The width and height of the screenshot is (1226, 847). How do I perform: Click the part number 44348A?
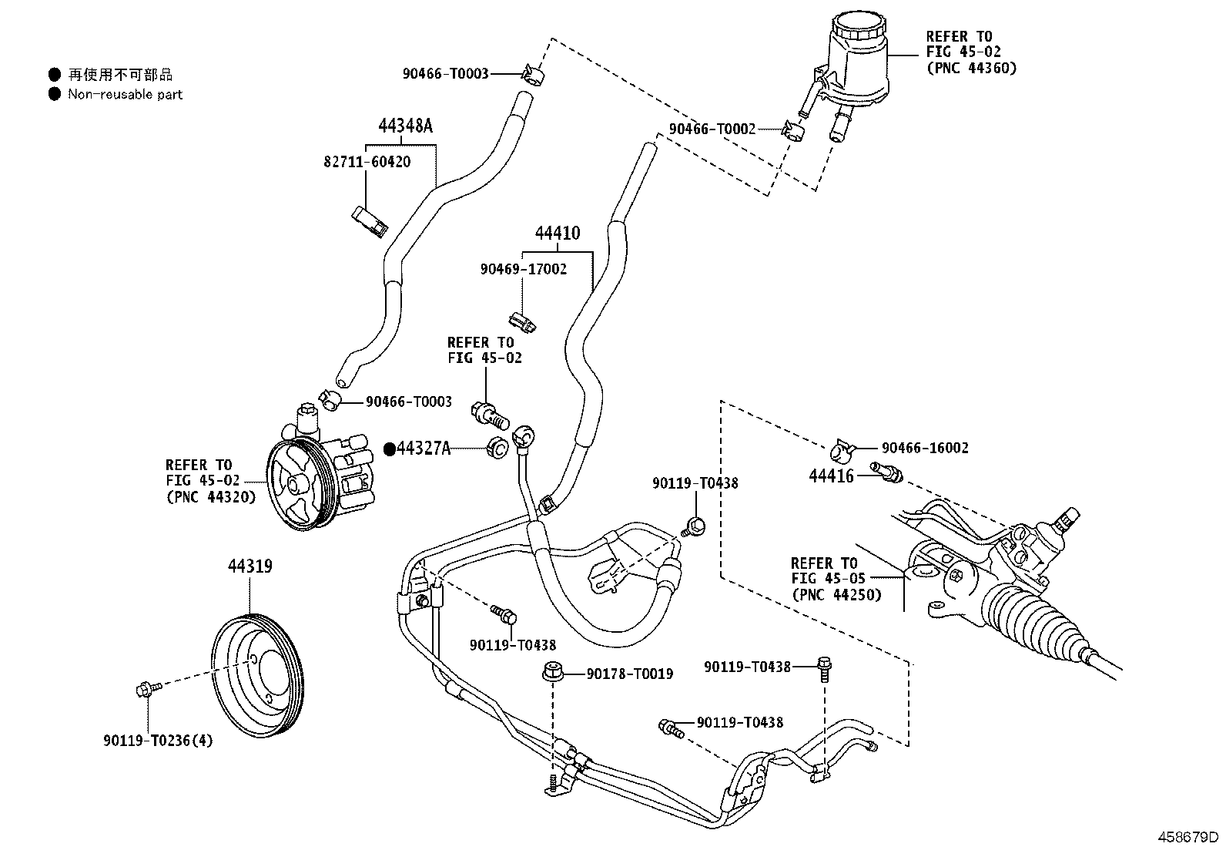coord(405,126)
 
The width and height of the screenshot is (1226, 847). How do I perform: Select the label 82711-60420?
coord(367,162)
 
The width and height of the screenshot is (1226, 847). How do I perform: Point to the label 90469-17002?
coord(524,269)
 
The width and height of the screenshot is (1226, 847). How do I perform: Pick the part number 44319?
coord(250,566)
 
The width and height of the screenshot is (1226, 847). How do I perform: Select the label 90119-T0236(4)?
coord(158,741)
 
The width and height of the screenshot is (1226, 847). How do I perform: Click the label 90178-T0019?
coord(629,674)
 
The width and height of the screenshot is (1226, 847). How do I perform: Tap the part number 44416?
coord(831,476)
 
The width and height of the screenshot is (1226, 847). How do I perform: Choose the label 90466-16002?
coord(925,448)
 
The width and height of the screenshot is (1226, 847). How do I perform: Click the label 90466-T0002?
coord(712,129)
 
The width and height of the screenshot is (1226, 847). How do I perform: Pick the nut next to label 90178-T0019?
coord(551,671)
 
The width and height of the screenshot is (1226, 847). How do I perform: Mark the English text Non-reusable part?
coord(125,94)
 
